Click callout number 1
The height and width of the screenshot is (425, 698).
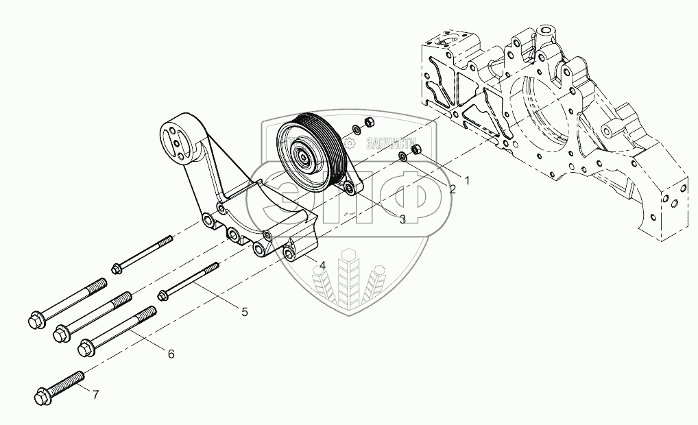click(x=467, y=181)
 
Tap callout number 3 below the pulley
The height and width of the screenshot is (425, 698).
click(x=402, y=219)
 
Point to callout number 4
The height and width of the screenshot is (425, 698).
click(x=322, y=265)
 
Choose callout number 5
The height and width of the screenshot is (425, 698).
click(x=244, y=311)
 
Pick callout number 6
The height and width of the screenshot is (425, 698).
click(x=171, y=354)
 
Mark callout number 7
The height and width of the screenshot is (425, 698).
click(x=95, y=394)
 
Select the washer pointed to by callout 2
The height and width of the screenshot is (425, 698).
click(x=403, y=159)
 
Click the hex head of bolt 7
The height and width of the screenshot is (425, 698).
click(x=40, y=396)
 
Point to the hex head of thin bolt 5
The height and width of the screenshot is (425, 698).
click(x=163, y=295)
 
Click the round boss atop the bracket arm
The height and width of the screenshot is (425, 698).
click(x=176, y=134)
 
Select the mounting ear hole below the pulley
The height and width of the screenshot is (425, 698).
click(x=350, y=188)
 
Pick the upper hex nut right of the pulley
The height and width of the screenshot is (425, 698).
click(x=368, y=123)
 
